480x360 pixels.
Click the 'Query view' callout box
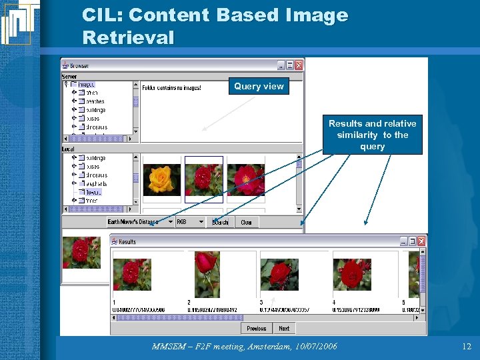pos(259,86)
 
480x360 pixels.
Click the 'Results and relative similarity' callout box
pos(372,135)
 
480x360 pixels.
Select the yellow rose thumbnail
pos(161,179)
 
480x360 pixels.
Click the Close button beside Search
pos(246,222)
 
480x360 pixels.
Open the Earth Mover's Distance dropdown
pos(170,222)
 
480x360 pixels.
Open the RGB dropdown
pos(201,222)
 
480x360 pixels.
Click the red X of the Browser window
pos(299,65)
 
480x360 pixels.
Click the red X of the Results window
pos(422,241)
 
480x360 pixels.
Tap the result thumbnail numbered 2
pos(207,273)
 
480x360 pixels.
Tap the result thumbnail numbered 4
pos(352,274)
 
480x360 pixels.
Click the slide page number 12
pos(466,346)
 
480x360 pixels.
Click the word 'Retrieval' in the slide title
pos(128,37)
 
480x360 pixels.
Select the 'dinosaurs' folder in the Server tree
pos(97,127)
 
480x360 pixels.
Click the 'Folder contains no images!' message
pos(171,87)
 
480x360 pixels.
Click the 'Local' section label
pos(68,149)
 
